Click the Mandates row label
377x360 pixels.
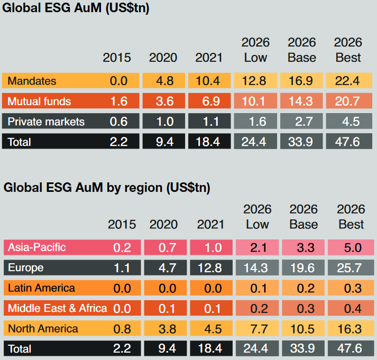pos(32,81)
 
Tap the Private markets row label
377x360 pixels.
pos(47,122)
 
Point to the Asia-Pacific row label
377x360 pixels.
pos(37,247)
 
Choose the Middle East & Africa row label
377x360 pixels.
pos(58,308)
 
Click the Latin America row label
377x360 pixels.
pos(42,288)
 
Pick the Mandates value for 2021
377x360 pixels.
pos(208,81)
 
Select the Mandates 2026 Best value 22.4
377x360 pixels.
pos(348,81)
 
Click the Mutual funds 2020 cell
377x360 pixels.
pos(164,101)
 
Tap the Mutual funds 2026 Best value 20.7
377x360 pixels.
pos(348,101)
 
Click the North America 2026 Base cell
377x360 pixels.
pos(304,328)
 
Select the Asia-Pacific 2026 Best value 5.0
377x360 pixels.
pos(351,247)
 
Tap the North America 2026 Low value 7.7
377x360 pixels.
pos(257,328)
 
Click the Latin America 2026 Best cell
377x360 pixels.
pos(351,288)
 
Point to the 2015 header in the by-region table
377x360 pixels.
pos(122,224)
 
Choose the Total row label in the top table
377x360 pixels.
pos(20,142)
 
